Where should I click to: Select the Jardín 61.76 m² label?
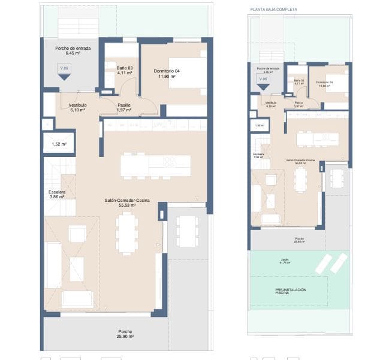coord(284,261)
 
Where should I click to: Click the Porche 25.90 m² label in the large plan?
coord(125,334)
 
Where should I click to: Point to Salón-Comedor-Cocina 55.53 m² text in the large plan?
coord(126,202)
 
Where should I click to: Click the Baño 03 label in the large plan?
coord(125,71)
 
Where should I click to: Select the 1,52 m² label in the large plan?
coord(59,144)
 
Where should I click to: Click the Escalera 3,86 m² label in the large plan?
coord(56,194)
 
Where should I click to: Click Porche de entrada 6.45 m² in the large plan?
coord(73,50)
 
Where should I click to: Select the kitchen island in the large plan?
coord(155,166)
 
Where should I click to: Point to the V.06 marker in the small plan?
coord(261,80)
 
